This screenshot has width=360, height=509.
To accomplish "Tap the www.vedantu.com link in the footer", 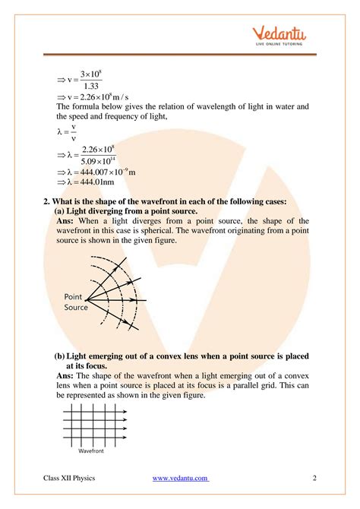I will click(x=181, y=477).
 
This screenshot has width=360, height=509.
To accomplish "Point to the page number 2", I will click(x=314, y=477).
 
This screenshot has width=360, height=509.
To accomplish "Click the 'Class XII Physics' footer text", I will click(x=74, y=477).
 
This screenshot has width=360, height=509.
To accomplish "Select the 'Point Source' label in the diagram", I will click(x=76, y=302).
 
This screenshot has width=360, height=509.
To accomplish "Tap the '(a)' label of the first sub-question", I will click(x=60, y=210).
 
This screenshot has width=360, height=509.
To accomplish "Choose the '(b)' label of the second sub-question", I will click(x=59, y=356).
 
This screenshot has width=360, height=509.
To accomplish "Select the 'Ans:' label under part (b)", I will click(x=66, y=375).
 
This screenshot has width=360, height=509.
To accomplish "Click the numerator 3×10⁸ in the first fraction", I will click(x=90, y=74).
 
